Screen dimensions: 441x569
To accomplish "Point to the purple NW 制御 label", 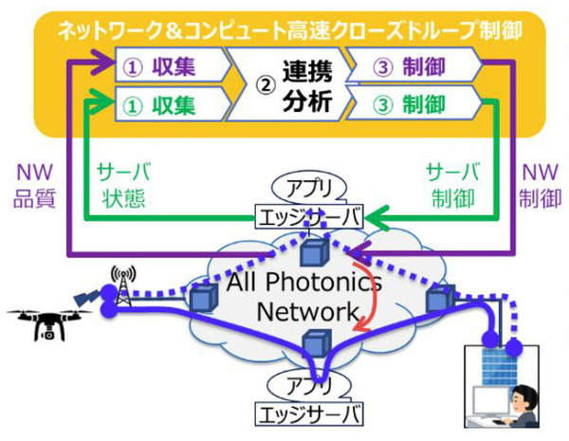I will pyautogui.click(x=537, y=186).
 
